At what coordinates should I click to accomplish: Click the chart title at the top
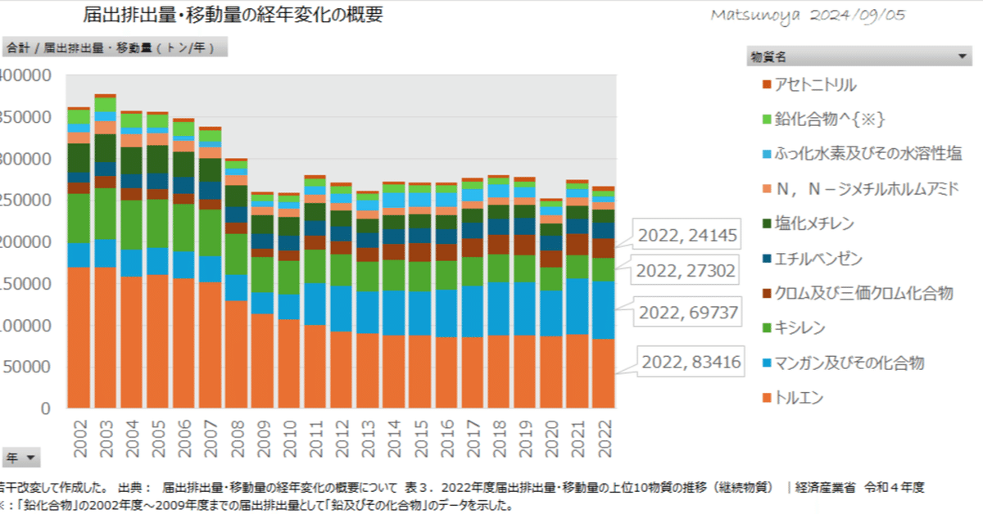tap(233, 16)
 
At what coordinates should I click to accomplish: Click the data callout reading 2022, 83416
tap(691, 361)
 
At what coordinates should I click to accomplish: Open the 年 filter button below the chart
tap(21, 458)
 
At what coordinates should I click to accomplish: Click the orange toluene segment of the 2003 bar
tap(105, 336)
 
